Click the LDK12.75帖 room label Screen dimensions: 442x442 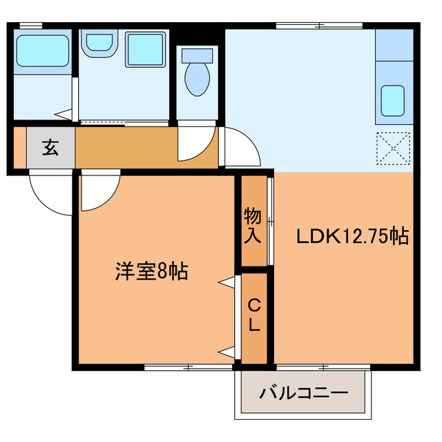353,237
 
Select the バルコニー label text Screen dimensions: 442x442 303,394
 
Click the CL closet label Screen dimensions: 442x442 253,315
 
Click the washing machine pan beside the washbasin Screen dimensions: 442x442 144,48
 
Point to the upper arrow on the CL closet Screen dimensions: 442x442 227,282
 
